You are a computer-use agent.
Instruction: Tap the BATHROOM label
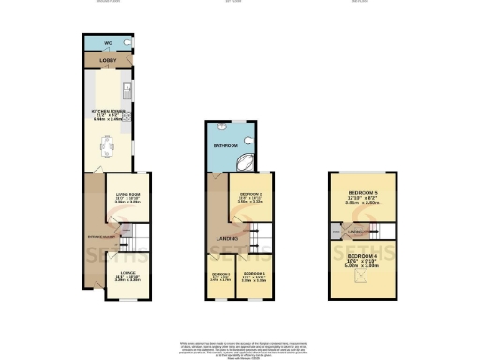click(224, 147)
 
